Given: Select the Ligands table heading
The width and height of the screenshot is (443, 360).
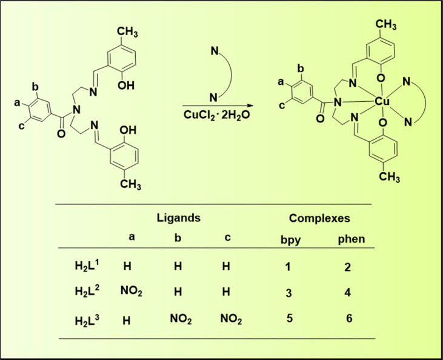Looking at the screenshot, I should [178, 217].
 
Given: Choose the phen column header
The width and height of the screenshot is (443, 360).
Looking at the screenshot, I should [351, 239].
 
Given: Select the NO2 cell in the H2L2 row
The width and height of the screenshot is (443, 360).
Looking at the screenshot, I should [133, 292].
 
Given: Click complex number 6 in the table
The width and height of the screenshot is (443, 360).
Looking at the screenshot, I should [351, 318].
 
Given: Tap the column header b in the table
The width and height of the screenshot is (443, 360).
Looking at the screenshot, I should [178, 239].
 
